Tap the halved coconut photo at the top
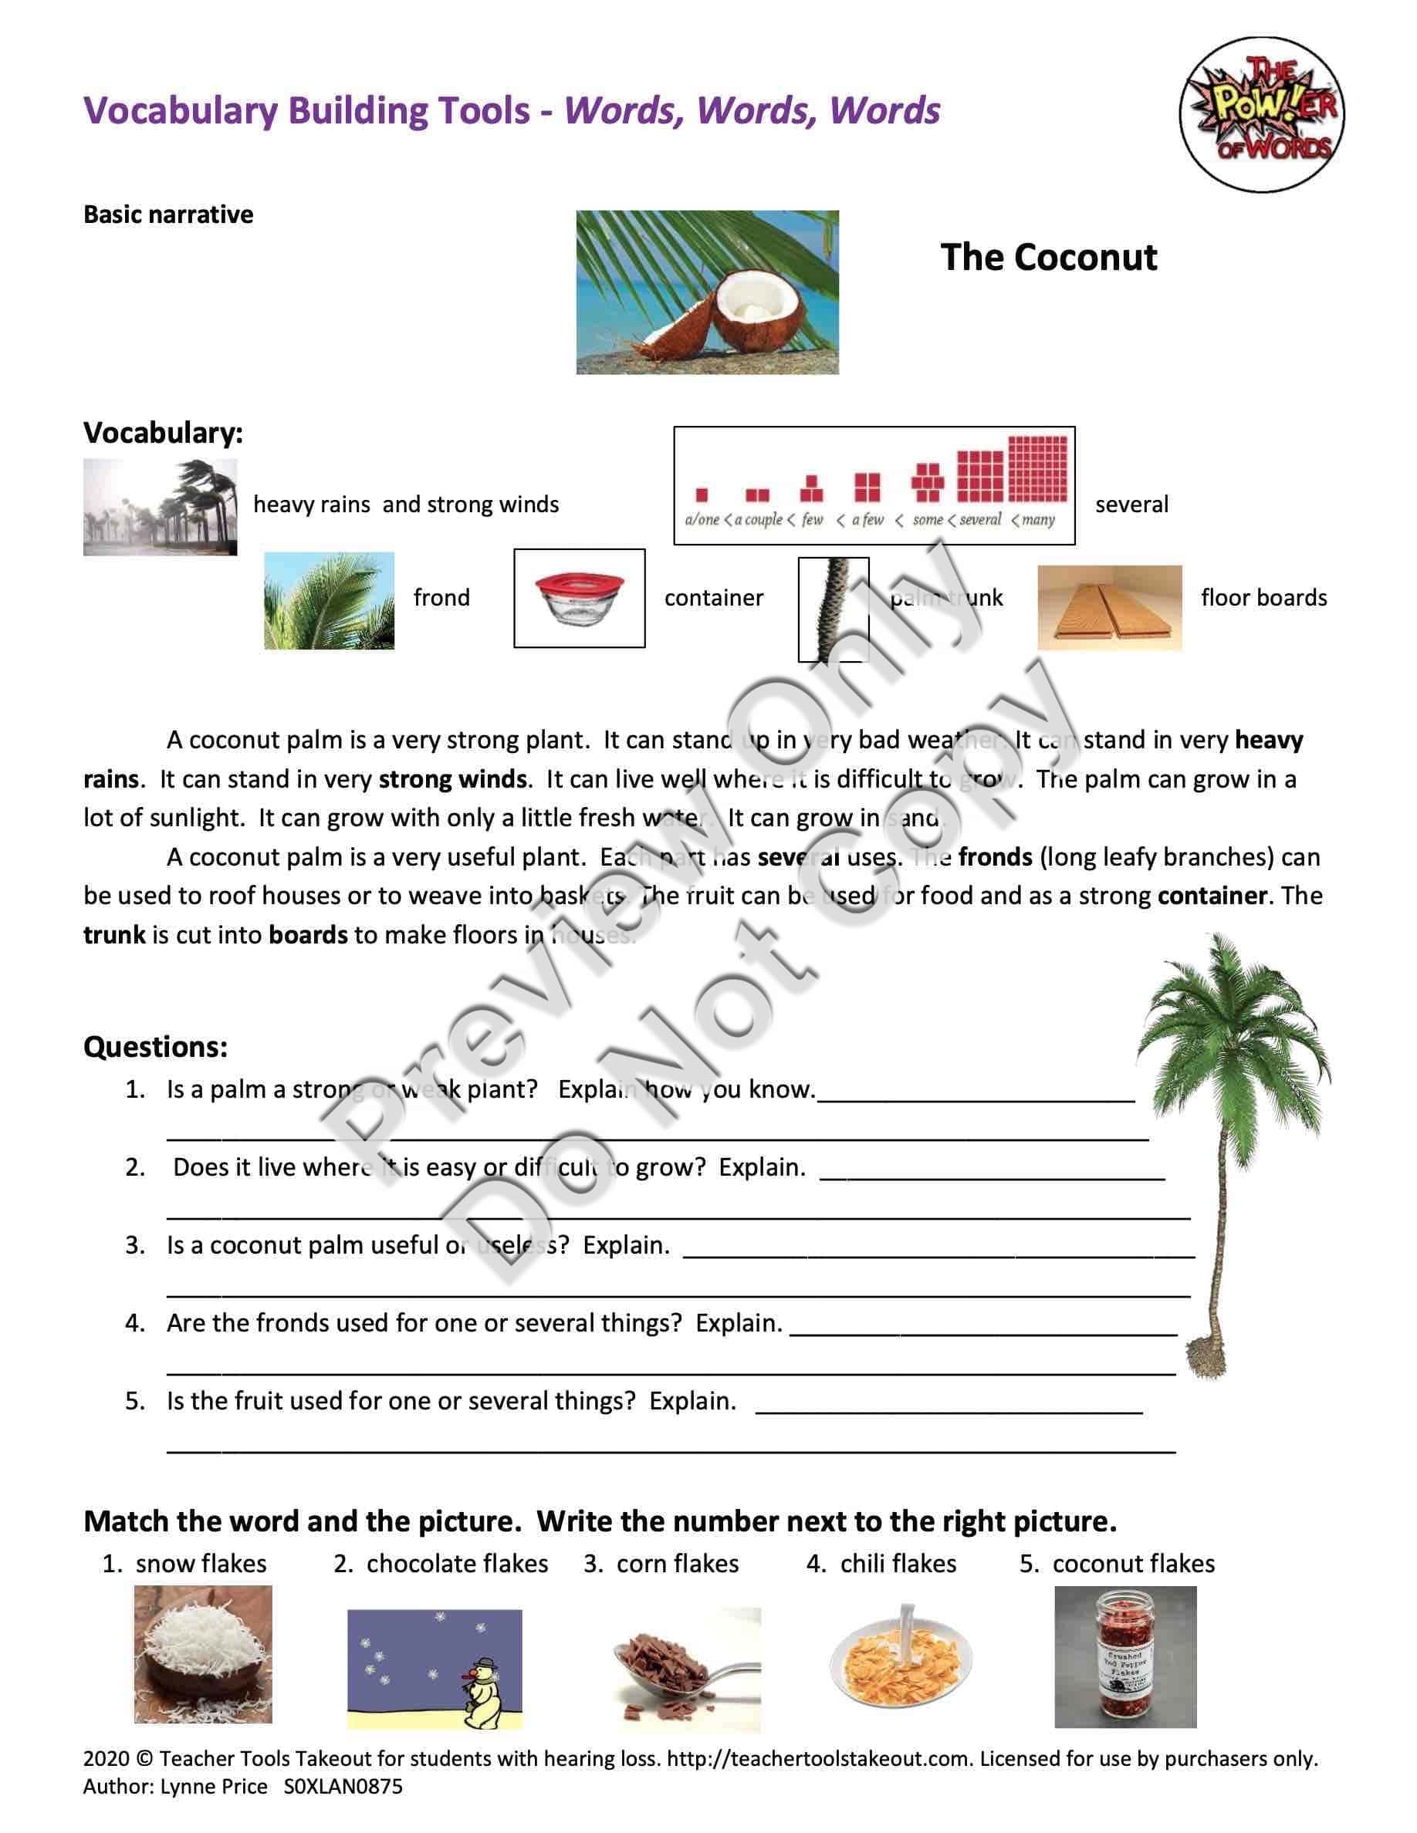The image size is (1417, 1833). (x=707, y=292)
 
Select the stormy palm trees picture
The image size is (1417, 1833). (x=160, y=507)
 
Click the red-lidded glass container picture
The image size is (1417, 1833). (x=579, y=598)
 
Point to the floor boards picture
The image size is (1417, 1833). (x=1109, y=608)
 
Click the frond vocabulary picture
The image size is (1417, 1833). (x=329, y=600)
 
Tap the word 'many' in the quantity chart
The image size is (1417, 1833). (x=1037, y=519)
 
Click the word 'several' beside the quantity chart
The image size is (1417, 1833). (x=1131, y=505)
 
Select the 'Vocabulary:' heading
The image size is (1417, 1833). (x=163, y=433)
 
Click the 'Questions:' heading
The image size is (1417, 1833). (x=155, y=1047)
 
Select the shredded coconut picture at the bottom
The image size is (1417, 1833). (x=202, y=1653)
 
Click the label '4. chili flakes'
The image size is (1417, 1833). (x=881, y=1564)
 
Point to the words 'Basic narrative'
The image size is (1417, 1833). (x=168, y=215)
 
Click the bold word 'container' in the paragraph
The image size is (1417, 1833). (x=1212, y=896)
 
